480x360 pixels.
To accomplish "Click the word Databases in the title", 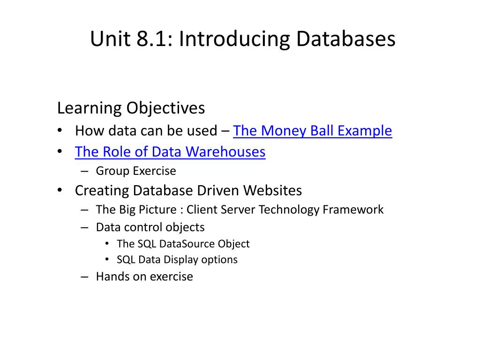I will click(x=345, y=39).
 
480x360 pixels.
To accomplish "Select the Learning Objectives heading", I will click(x=131, y=108).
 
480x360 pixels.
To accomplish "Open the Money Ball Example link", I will click(x=312, y=131).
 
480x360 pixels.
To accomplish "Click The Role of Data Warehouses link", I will click(x=170, y=152).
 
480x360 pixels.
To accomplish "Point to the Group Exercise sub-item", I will click(x=136, y=171).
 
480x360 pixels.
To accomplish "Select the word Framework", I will click(x=353, y=210).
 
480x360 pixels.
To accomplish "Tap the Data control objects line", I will click(x=150, y=227).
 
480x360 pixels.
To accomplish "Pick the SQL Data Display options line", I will click(x=177, y=260).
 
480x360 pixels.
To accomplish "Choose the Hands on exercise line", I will click(x=144, y=277).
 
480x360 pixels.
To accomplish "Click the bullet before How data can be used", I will click(x=60, y=131).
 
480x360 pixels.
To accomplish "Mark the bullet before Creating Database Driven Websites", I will click(x=60, y=191).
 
